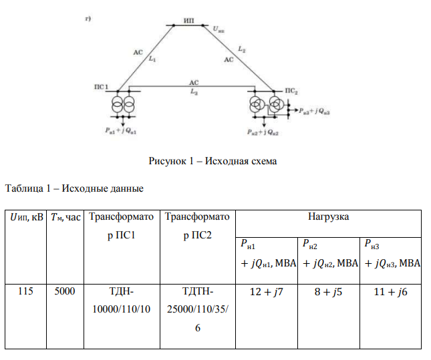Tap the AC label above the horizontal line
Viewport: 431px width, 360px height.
(194, 81)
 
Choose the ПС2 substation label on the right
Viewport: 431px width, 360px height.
(291, 89)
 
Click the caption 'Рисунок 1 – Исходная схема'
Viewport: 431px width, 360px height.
(212, 161)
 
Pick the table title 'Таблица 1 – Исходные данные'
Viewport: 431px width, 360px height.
(74, 188)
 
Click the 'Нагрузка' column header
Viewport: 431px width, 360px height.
(328, 217)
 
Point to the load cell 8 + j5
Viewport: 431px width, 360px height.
(328, 291)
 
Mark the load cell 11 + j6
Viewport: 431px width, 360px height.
(391, 291)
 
